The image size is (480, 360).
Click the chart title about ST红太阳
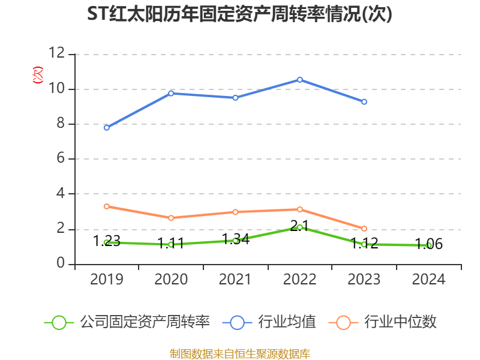239,14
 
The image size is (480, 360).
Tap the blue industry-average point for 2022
299,80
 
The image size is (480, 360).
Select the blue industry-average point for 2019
107,127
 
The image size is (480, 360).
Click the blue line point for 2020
171,93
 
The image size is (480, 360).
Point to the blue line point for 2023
364,102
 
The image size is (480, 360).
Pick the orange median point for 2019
107,206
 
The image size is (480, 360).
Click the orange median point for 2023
364,229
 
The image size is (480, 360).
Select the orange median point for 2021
235,212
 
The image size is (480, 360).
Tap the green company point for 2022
299,227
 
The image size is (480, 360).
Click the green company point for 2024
428,245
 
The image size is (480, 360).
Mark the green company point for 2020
171,244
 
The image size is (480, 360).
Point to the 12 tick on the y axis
56,53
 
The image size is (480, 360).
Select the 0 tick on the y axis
61,264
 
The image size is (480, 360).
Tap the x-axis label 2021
235,280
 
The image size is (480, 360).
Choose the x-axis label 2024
428,280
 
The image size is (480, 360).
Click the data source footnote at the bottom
239,353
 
